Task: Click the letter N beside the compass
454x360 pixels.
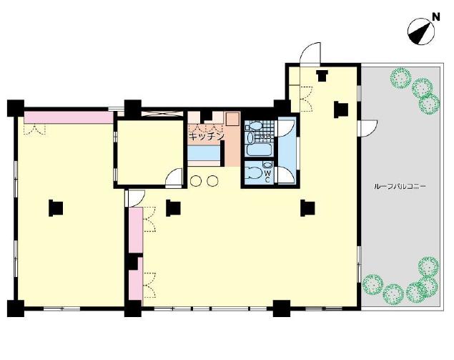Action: tap(435, 17)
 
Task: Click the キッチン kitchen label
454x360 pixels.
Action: tap(206, 136)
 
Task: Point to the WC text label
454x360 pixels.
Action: tap(267, 176)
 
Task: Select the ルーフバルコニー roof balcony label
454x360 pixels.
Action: tap(400, 186)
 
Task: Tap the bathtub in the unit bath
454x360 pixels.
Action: tap(260, 150)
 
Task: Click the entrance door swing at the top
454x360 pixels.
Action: tap(310, 54)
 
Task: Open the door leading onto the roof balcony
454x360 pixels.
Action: tap(368, 129)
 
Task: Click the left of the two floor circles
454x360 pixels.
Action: tap(196, 181)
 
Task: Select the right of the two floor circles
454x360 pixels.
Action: tap(212, 181)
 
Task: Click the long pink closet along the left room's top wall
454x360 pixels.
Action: tap(69, 117)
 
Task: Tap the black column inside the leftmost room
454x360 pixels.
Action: tap(56, 208)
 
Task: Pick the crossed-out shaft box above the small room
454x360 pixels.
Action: tap(162, 114)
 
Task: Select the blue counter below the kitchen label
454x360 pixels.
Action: tap(204, 152)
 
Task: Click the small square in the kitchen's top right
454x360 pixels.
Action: tap(232, 119)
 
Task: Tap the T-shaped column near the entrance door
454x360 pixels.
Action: tap(322, 76)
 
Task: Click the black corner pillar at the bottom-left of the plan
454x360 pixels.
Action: tap(15, 308)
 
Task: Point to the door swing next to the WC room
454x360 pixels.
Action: tap(287, 175)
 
